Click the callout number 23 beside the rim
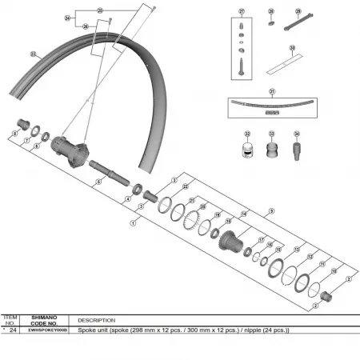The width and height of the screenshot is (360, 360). click(x=33, y=54)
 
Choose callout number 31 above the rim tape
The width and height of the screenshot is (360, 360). click(x=272, y=92)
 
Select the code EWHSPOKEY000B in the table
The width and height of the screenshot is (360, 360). click(x=44, y=330)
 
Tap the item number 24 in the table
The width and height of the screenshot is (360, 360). click(x=12, y=330)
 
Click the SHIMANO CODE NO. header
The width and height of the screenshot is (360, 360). click(x=44, y=319)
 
